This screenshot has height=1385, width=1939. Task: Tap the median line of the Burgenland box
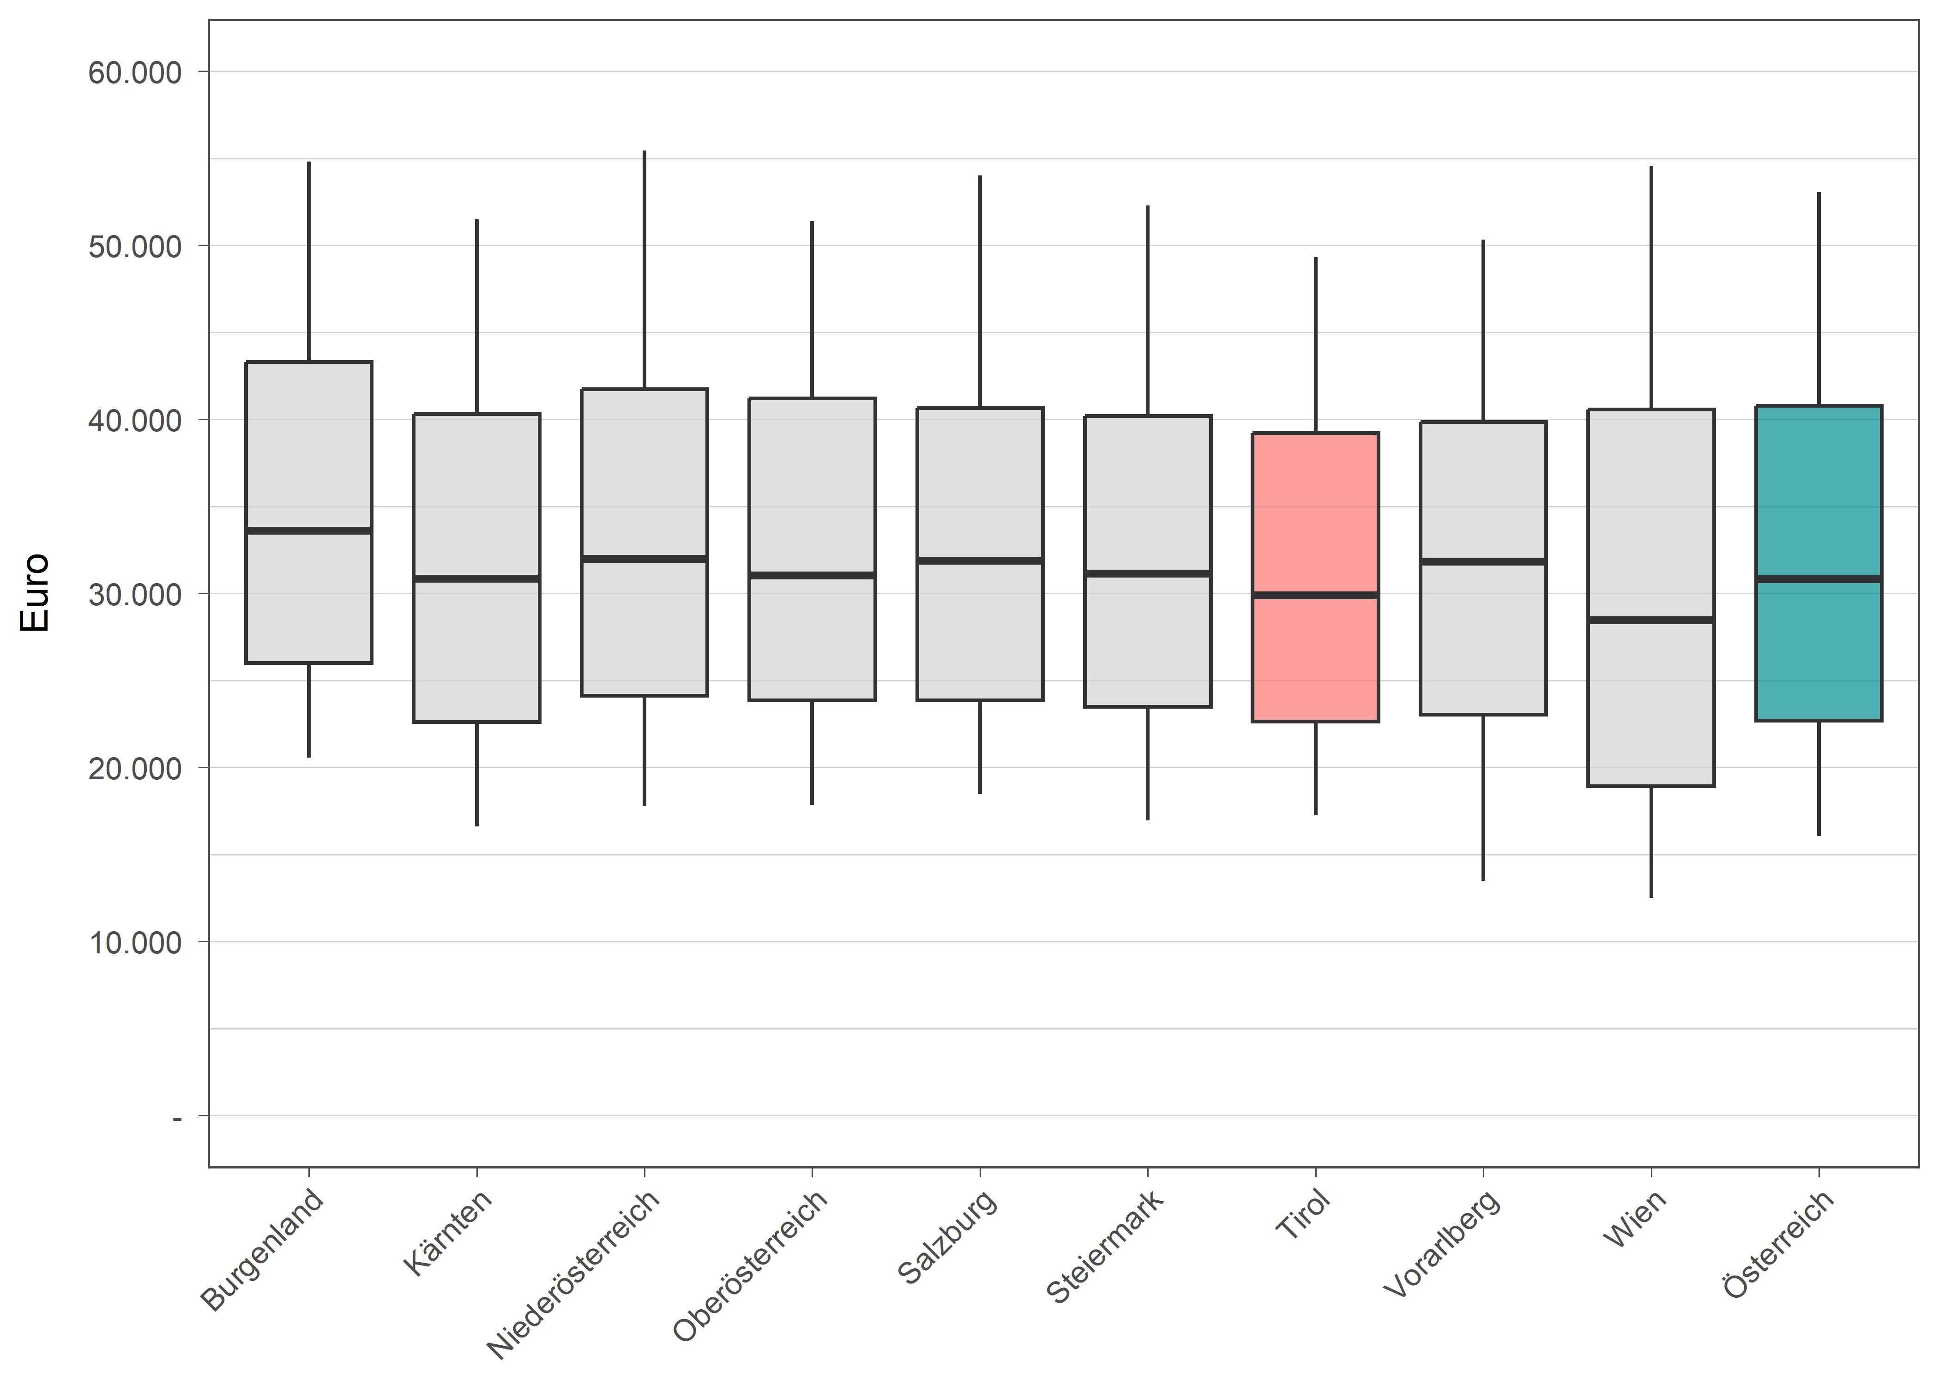[x=309, y=530]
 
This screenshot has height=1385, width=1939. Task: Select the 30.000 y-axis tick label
[x=135, y=595]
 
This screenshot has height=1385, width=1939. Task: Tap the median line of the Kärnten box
[x=476, y=578]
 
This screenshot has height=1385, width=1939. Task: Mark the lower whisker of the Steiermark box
[x=1148, y=763]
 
